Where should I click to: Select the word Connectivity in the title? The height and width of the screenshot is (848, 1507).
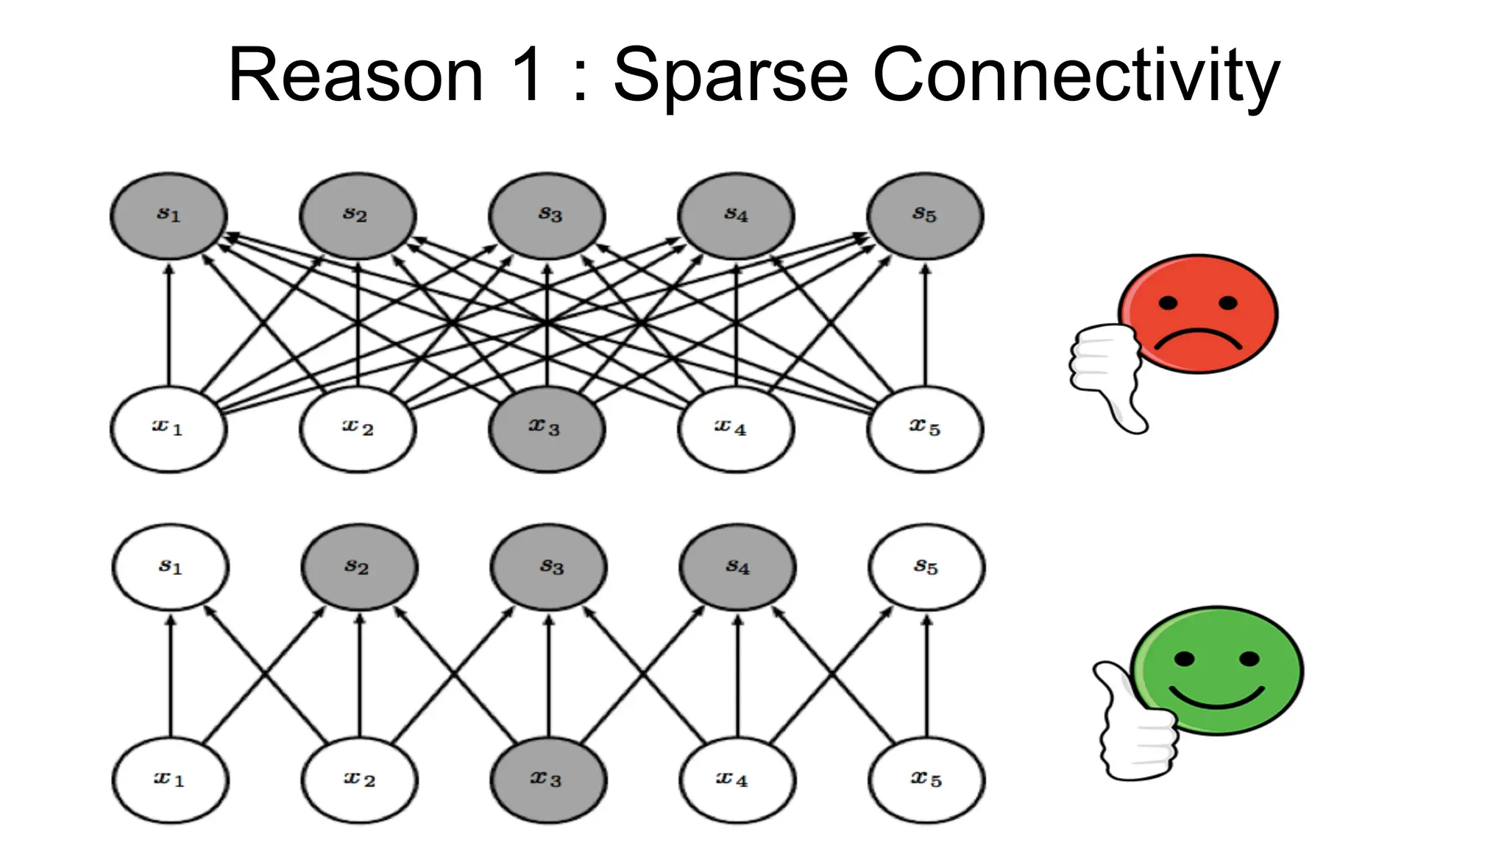click(1076, 75)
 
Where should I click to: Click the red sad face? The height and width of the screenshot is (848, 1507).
click(1198, 314)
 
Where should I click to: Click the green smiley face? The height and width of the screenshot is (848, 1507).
click(1217, 670)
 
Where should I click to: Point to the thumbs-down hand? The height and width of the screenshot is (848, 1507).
click(1106, 375)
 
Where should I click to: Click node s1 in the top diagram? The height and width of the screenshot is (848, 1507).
click(169, 216)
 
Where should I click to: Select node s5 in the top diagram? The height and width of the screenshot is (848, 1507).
click(925, 216)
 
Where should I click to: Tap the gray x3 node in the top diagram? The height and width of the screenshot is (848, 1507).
click(547, 428)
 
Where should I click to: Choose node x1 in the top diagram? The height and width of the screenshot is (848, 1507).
click(169, 428)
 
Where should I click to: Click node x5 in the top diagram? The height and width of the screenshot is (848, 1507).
click(925, 428)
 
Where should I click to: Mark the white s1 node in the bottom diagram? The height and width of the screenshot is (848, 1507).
click(171, 567)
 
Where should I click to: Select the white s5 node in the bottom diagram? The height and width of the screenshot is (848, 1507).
click(926, 567)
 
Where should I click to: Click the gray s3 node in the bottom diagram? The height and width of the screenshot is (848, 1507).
click(549, 567)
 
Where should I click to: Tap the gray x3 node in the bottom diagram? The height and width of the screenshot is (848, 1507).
click(548, 780)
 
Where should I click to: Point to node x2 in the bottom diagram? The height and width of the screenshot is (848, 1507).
click(359, 780)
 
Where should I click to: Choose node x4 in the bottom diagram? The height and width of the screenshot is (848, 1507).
click(737, 780)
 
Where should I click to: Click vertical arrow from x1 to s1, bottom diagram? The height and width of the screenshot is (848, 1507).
click(171, 677)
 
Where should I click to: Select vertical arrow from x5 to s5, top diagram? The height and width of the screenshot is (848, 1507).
click(925, 324)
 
